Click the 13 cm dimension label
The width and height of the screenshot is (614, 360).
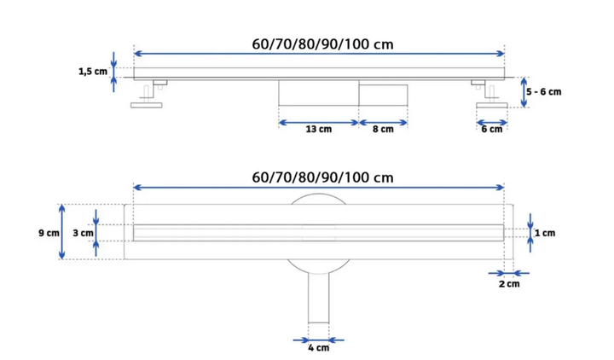pyautogui.click(x=318, y=130)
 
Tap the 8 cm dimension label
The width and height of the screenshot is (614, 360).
pyautogui.click(x=383, y=130)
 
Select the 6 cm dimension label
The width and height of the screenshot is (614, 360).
pyautogui.click(x=492, y=130)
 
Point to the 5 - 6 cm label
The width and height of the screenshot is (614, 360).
pyautogui.click(x=543, y=92)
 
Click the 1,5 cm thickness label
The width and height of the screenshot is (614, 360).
pyautogui.click(x=93, y=72)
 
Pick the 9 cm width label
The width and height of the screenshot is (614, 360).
pyautogui.click(x=49, y=233)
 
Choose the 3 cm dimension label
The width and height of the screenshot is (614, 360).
pyautogui.click(x=83, y=233)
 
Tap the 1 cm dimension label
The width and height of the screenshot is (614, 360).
pyautogui.click(x=545, y=233)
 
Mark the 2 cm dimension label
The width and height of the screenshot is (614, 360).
pyautogui.click(x=509, y=284)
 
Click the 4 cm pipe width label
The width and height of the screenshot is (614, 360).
pyautogui.click(x=318, y=348)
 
